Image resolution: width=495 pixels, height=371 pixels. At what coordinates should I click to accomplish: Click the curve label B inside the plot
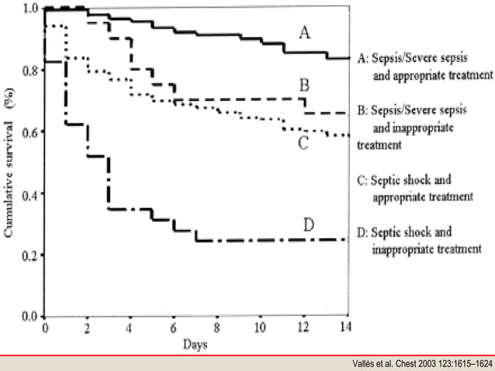click(306, 84)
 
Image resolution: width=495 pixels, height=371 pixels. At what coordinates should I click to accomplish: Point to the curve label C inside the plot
click(303, 142)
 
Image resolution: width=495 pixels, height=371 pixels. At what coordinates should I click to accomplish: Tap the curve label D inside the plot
click(307, 225)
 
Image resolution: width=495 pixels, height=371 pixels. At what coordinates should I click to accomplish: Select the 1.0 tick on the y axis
click(30, 9)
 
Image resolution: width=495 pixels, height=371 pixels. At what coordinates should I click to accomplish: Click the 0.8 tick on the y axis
click(30, 71)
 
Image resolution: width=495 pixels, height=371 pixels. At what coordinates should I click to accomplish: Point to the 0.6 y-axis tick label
click(30, 132)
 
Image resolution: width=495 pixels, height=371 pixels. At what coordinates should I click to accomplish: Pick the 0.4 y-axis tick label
click(30, 193)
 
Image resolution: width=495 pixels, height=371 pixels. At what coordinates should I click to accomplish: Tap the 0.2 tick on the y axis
click(30, 255)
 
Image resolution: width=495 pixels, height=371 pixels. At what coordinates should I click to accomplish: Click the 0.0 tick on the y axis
click(30, 316)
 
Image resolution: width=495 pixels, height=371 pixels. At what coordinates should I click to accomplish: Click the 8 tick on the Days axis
click(218, 328)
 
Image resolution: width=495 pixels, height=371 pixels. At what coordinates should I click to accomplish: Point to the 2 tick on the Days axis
click(88, 328)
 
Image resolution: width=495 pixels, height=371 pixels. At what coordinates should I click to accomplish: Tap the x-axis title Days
click(196, 342)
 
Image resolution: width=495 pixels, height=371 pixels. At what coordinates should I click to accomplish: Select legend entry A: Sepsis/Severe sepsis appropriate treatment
click(424, 66)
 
